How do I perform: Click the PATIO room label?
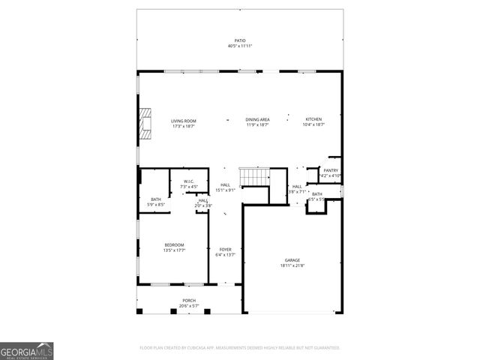[x=239, y=40]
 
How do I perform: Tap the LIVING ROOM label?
[x=183, y=120]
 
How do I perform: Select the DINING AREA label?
[x=257, y=120]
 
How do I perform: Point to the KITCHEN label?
[x=313, y=120]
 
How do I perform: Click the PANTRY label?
[x=331, y=170]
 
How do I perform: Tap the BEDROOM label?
[x=175, y=245]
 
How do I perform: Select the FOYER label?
[x=225, y=250]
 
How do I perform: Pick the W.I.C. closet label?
[x=183, y=181]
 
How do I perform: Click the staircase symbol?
[x=253, y=178]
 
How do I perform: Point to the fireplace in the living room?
[x=145, y=124]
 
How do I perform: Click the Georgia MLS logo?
[x=26, y=350]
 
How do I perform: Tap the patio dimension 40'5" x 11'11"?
[x=240, y=46]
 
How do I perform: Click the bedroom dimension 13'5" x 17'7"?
[x=175, y=250]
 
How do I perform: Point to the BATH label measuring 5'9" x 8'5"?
[x=156, y=199]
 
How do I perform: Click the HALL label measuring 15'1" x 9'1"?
[x=225, y=185]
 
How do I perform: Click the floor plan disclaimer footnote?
[x=240, y=348]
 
